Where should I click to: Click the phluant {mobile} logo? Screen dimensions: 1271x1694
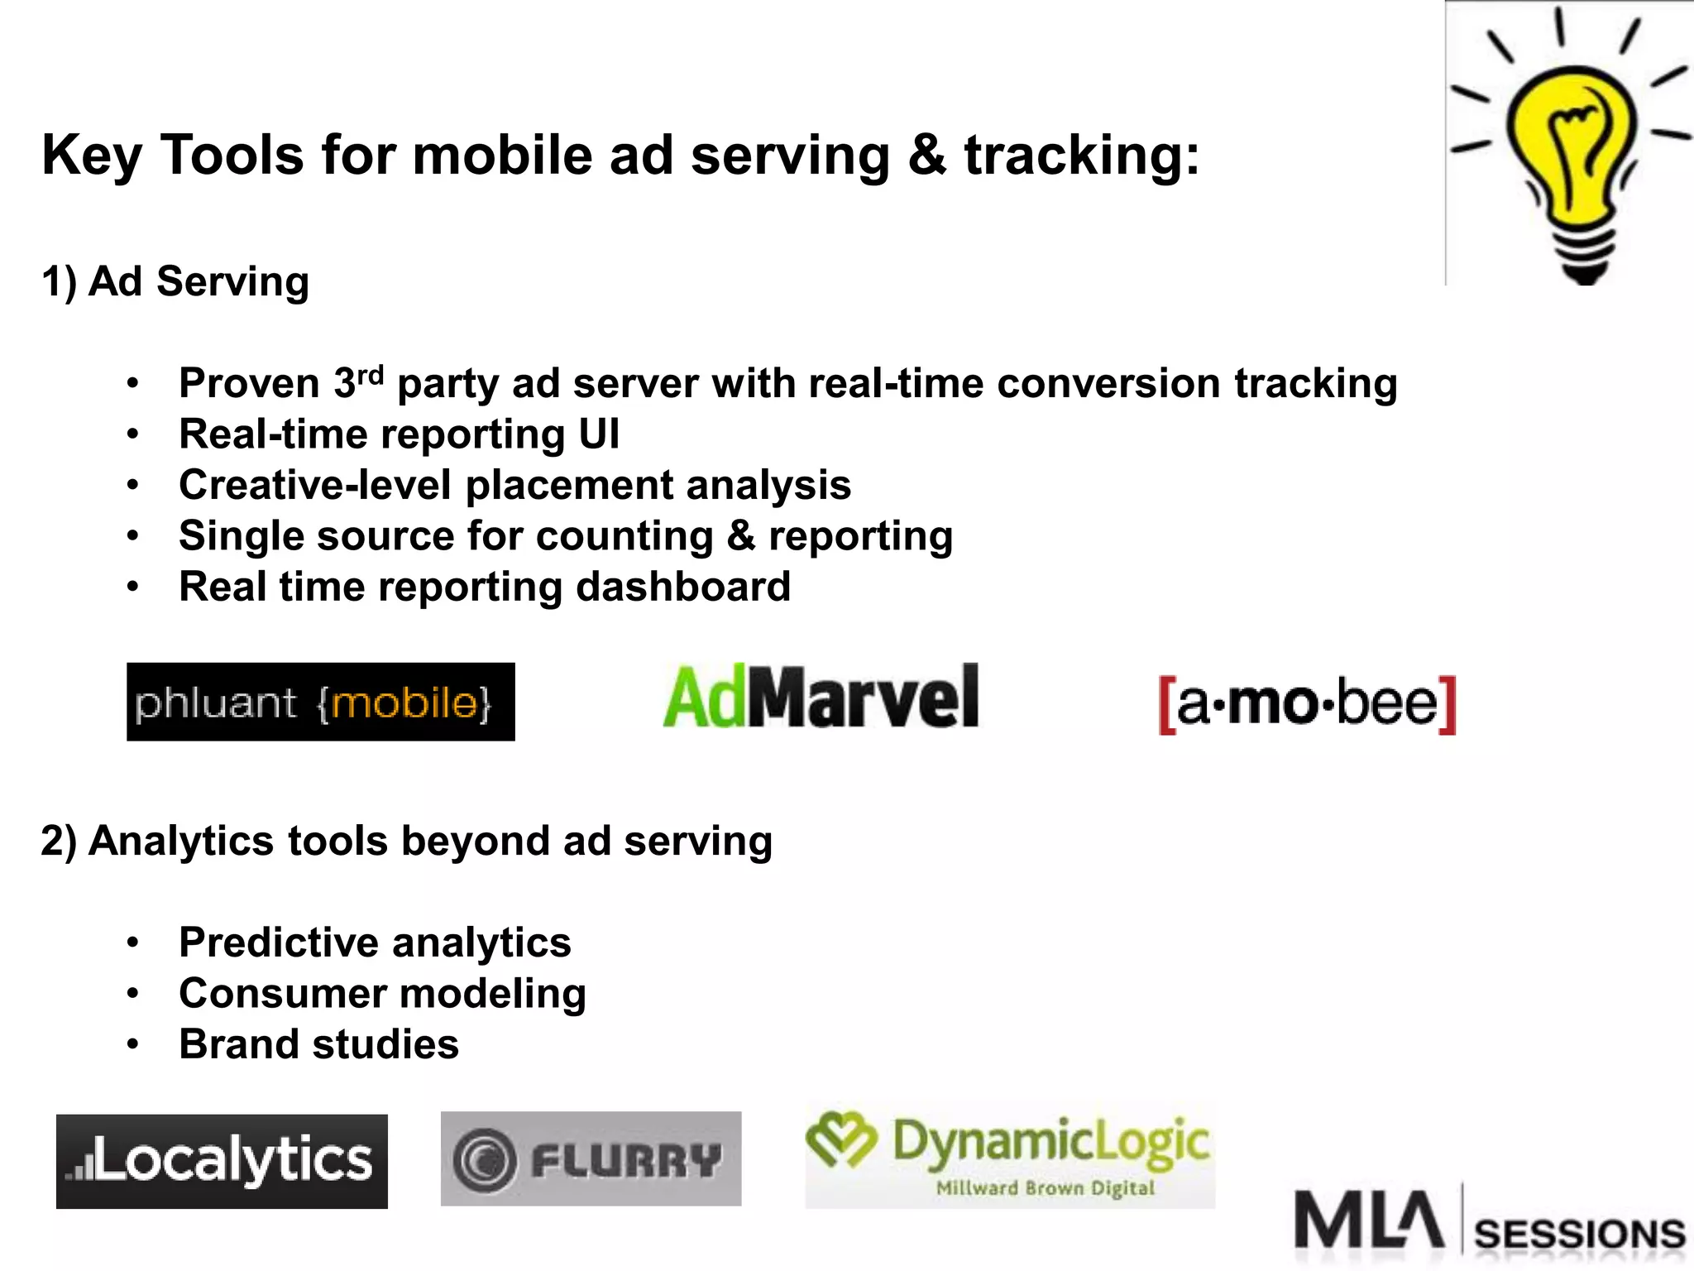[320, 702]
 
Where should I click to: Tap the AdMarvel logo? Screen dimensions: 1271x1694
[821, 698]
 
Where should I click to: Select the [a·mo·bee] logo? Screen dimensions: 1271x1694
[1307, 704]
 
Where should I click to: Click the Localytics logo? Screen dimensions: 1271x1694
[222, 1161]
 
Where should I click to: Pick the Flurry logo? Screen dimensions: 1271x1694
[591, 1158]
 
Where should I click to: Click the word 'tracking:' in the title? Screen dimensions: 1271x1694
[1081, 156]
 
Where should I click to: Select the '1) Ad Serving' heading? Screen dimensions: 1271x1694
[175, 281]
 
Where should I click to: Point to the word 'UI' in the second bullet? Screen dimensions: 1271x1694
[598, 434]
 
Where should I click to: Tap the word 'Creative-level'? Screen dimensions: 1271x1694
[315, 485]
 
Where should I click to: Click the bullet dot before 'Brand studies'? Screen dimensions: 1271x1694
[133, 1044]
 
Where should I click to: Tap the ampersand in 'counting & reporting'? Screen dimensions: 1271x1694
[740, 536]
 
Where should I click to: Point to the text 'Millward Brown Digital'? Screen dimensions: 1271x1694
[1045, 1188]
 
